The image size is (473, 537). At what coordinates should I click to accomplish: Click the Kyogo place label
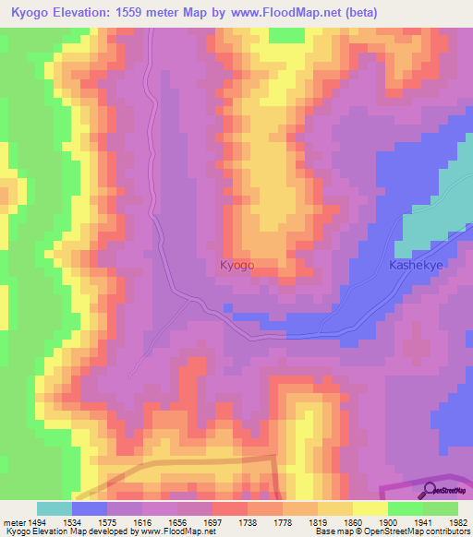point(236,265)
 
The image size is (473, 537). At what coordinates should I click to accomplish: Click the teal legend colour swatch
point(55,508)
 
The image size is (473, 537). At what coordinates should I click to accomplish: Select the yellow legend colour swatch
point(370,508)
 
